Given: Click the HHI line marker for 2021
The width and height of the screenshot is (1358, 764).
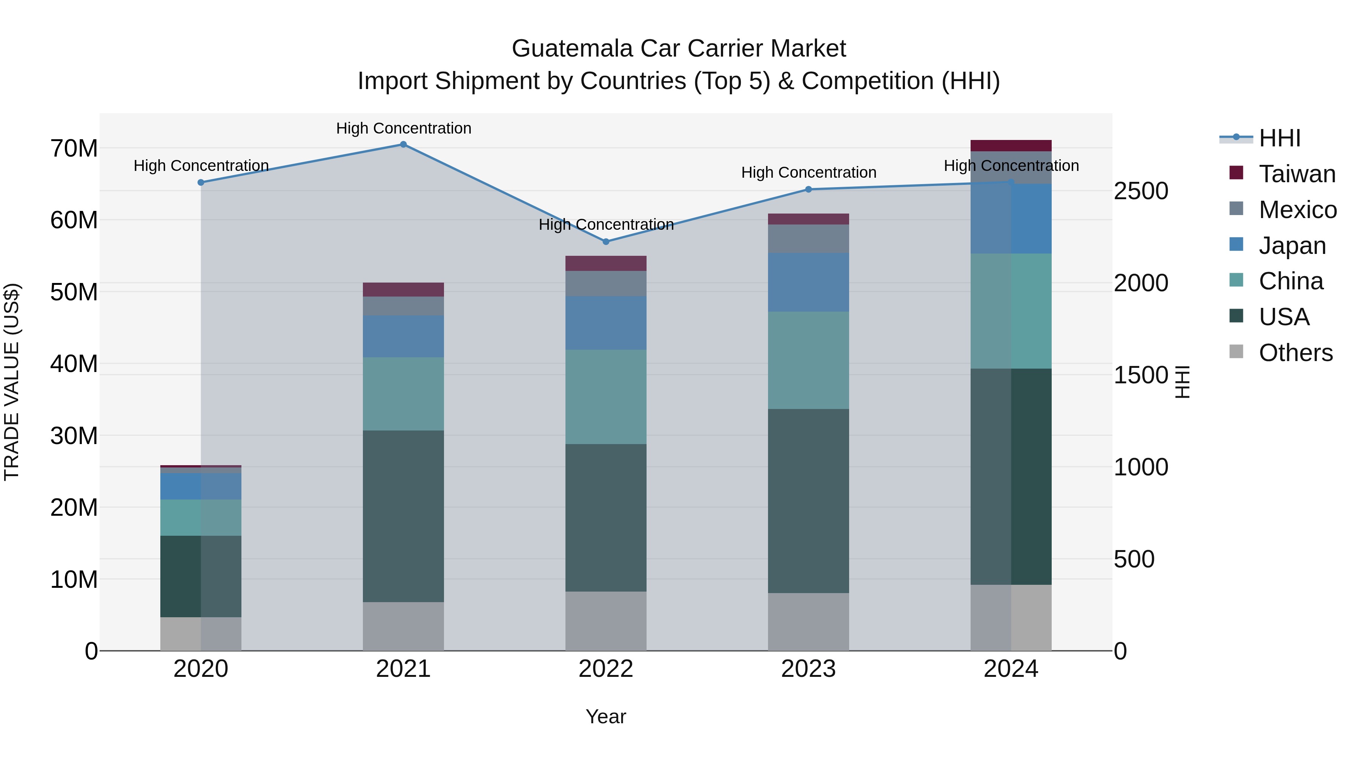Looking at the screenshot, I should (x=403, y=144).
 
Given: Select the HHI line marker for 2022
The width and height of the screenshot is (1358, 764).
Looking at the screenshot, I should (x=606, y=241).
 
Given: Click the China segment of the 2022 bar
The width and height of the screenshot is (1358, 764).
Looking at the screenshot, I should (x=606, y=397).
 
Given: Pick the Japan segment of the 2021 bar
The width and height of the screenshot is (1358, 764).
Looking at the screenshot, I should (x=403, y=337).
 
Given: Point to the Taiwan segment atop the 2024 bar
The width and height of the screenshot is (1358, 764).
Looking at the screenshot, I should (x=1011, y=146).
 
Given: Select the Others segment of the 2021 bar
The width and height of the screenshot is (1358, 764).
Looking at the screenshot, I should (x=403, y=626).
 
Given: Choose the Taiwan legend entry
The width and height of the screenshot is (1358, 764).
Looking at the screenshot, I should (x=1297, y=174).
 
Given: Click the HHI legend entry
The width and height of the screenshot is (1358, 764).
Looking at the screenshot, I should (x=1280, y=138).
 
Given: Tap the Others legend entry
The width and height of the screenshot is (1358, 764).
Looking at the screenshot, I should (x=1295, y=353).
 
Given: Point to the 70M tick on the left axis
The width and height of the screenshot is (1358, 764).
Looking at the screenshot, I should (x=74, y=149).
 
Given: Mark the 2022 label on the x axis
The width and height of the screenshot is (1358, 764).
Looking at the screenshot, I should (x=606, y=669).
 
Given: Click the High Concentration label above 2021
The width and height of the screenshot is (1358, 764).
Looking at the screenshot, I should (x=403, y=128).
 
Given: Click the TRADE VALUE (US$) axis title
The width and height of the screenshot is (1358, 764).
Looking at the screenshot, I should (x=12, y=382).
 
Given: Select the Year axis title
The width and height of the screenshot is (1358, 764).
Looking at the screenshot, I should (x=606, y=716).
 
